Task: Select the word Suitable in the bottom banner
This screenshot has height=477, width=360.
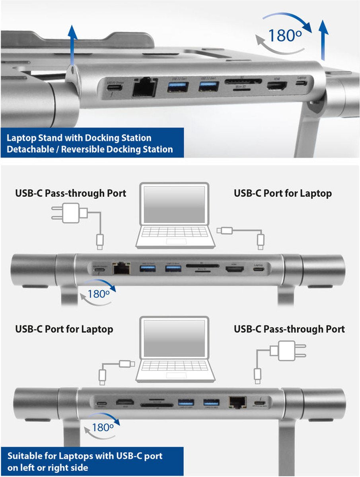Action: click(x=26, y=456)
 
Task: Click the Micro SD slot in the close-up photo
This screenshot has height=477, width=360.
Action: click(x=240, y=89)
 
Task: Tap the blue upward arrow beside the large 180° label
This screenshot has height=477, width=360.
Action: click(x=324, y=40)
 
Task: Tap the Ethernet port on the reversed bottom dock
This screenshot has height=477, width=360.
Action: click(x=237, y=403)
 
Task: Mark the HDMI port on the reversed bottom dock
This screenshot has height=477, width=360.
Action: click(x=125, y=401)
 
